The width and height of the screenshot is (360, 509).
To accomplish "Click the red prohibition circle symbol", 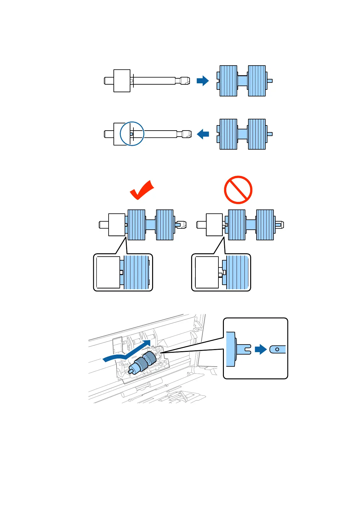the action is tap(238, 190).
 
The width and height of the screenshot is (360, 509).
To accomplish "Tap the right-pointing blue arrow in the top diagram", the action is tap(202, 81).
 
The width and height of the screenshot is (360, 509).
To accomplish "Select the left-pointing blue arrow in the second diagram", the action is tap(203, 134).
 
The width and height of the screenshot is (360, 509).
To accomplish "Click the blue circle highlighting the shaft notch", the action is tap(132, 134).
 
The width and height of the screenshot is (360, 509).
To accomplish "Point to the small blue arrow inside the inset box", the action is tap(260, 349).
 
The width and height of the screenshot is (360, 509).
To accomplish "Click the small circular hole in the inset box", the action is tap(277, 349).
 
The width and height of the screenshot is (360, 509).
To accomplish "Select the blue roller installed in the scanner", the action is tap(145, 361).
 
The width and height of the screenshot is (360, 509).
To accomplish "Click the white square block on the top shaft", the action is tap(122, 81).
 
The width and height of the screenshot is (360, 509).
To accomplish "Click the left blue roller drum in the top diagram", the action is tap(228, 81).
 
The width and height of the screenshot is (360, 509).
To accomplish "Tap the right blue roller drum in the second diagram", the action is tap(257, 134).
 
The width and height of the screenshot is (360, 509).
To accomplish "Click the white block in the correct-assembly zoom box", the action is tap(108, 272).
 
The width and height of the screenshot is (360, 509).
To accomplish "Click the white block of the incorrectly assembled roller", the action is tap(214, 225).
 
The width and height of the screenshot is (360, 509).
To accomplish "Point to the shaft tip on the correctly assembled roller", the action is tap(182, 225).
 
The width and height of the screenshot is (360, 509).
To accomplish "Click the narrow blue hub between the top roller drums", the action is tap(242, 81).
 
